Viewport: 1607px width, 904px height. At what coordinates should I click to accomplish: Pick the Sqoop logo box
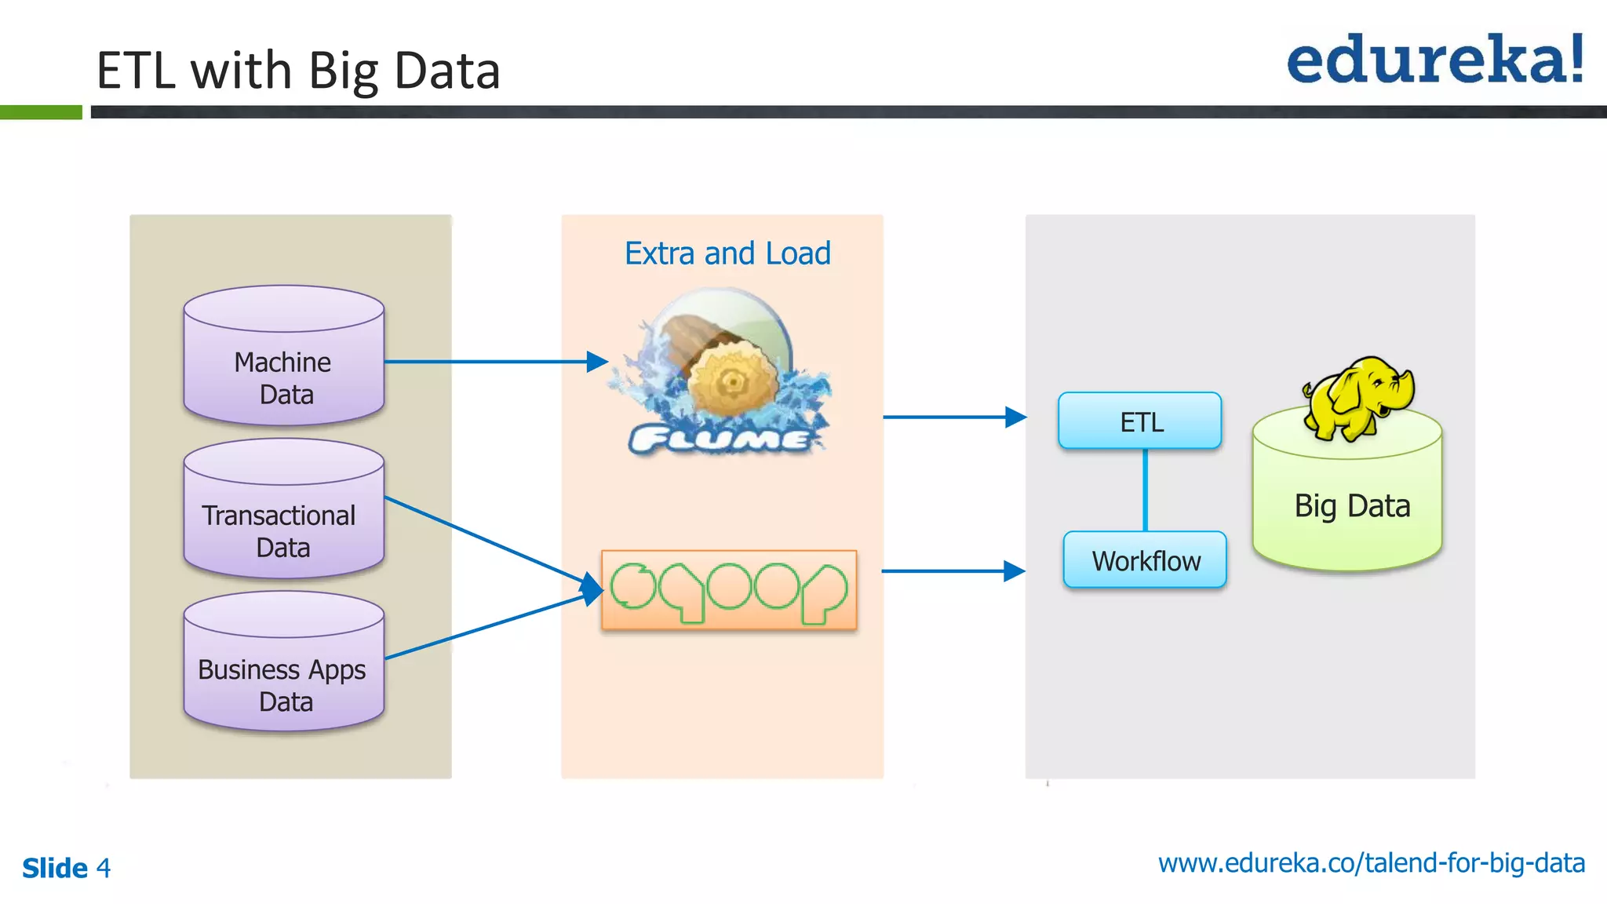coord(729,590)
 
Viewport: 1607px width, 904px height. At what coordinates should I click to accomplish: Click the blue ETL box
coord(1140,421)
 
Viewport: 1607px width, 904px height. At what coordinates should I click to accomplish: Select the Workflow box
coord(1145,560)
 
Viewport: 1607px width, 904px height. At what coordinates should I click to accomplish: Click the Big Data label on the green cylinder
coord(1352,506)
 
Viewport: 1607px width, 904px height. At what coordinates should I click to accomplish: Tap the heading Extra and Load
coord(727,253)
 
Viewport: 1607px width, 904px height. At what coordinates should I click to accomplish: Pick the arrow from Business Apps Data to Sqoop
coord(486,626)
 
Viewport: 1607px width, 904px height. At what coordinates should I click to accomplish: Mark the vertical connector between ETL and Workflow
coord(1145,490)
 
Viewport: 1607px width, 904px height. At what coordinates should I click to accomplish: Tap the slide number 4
coord(104,868)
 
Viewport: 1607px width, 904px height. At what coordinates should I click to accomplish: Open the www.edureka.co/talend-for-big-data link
coord(1371,863)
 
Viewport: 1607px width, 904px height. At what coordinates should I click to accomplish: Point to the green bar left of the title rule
coord(41,112)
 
